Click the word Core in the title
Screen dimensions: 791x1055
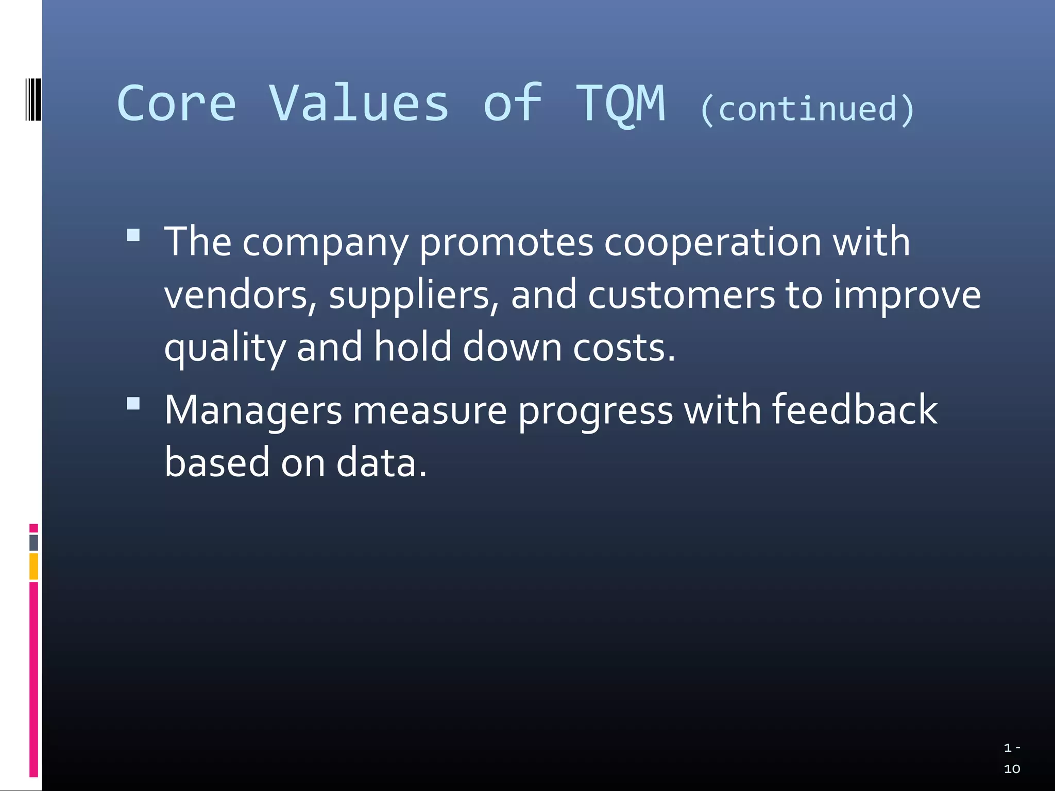[176, 104]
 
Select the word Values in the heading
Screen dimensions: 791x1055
[359, 104]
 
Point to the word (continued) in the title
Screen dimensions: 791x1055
[807, 110]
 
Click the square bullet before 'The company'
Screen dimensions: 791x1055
[133, 235]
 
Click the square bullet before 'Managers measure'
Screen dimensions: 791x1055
[133, 403]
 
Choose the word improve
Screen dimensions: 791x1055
[907, 296]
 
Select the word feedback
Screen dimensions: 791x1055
[855, 410]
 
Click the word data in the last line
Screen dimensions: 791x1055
[382, 462]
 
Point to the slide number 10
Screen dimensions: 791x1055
[1012, 769]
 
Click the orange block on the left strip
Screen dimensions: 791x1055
[33, 566]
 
